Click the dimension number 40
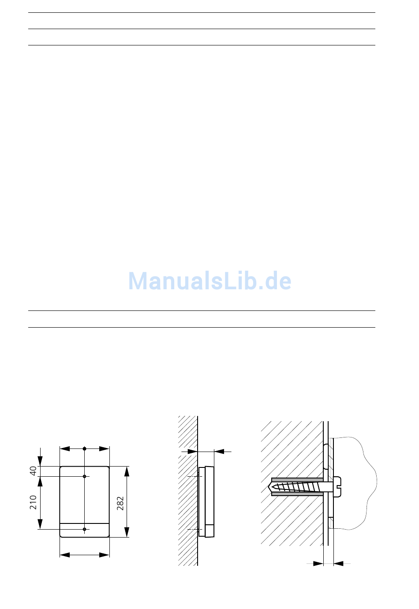pos(33,471)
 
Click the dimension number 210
pos(33,502)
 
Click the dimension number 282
pos(120,503)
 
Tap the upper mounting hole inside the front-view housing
pos(85,476)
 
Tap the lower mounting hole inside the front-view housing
pos(85,529)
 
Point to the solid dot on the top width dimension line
pos(85,448)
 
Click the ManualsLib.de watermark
pos(210,281)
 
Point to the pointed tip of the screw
pos(270,487)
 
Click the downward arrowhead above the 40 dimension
pos(40,461)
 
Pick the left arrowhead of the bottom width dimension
pos(65,555)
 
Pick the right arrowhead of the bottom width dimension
pos(105,555)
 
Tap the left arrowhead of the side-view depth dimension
pos(192,451)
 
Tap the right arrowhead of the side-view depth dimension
pos(219,451)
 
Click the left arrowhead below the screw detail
pos(318,563)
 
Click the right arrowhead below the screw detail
pos(339,563)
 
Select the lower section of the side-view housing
pos(209,531)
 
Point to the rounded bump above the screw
pos(326,456)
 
